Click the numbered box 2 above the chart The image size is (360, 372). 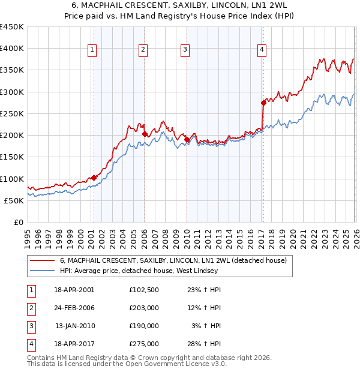[x=143, y=50]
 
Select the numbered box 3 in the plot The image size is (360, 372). [x=185, y=50]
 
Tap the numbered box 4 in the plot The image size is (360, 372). [x=262, y=50]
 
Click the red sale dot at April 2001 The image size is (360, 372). [x=94, y=178]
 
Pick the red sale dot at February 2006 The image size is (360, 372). [x=145, y=134]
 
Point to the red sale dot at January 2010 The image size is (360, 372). [x=186, y=139]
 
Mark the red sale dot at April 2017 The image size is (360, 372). [x=263, y=103]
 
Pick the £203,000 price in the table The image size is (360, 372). [x=144, y=308]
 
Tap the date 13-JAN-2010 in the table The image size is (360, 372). [x=75, y=326]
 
